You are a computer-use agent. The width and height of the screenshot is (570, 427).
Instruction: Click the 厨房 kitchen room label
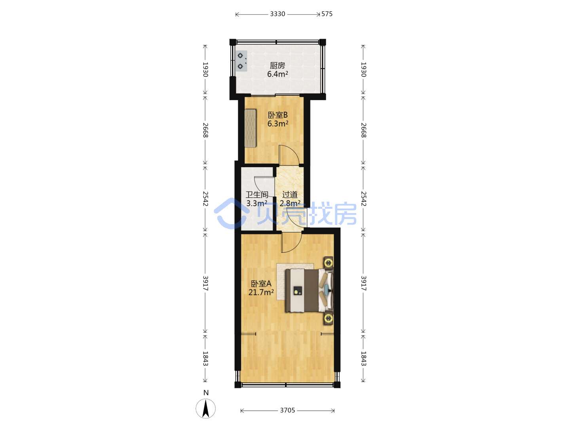click(277, 65)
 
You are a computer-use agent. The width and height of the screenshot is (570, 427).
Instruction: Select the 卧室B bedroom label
click(277, 115)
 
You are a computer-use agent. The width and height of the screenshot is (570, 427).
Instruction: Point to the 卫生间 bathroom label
click(257, 195)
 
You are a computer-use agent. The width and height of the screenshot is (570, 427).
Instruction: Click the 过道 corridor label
click(290, 195)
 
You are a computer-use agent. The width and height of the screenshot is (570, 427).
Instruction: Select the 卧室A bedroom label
click(261, 283)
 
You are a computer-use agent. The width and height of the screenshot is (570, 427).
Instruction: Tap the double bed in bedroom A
click(309, 290)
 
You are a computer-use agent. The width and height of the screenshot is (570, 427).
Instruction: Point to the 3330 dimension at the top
click(277, 14)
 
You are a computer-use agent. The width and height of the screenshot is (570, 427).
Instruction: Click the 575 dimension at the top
click(327, 14)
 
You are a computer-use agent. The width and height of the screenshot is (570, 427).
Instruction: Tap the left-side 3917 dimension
click(205, 283)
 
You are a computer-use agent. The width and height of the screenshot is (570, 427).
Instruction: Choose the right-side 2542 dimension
click(363, 198)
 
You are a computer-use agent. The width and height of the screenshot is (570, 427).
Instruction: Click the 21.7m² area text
click(261, 292)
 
